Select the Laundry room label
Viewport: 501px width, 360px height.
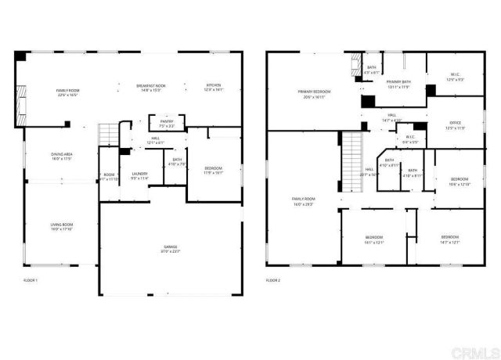(x=140, y=175)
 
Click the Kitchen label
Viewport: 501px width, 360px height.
(x=213, y=87)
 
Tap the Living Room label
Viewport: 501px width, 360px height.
(x=62, y=227)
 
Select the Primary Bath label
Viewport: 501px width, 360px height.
(x=398, y=84)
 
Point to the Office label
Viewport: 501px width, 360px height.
(x=456, y=125)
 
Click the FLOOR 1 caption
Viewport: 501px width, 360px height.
(x=31, y=279)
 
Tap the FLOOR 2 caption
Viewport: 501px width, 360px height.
(x=273, y=279)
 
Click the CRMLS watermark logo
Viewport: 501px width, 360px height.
(x=474, y=347)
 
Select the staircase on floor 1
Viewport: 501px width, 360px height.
(x=107, y=135)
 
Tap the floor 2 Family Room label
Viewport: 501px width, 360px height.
(x=303, y=201)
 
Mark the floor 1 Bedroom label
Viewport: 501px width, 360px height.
(x=213, y=170)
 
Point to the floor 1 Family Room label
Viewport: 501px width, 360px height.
(x=68, y=92)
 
